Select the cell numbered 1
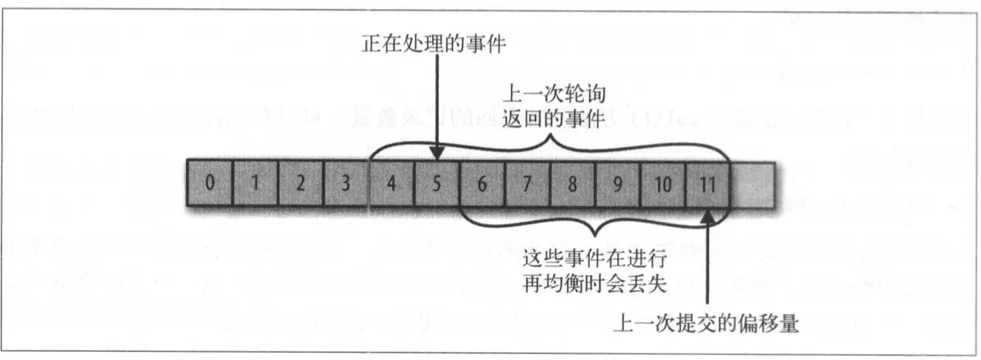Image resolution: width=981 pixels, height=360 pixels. (x=255, y=182)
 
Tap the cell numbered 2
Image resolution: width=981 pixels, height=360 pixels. (x=300, y=182)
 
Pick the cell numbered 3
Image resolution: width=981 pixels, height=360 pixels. (x=345, y=182)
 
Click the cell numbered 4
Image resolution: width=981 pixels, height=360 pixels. (x=390, y=182)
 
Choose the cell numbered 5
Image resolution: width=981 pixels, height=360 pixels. (x=435, y=182)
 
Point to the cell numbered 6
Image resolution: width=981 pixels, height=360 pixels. (x=481, y=182)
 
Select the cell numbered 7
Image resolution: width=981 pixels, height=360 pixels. (x=526, y=182)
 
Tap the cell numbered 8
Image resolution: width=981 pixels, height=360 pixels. (x=571, y=182)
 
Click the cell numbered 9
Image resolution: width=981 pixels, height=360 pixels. (x=616, y=182)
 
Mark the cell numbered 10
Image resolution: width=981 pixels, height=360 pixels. (x=661, y=182)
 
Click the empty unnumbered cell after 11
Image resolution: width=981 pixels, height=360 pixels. (x=752, y=182)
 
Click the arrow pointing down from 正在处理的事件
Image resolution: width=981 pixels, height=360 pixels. (x=438, y=107)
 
